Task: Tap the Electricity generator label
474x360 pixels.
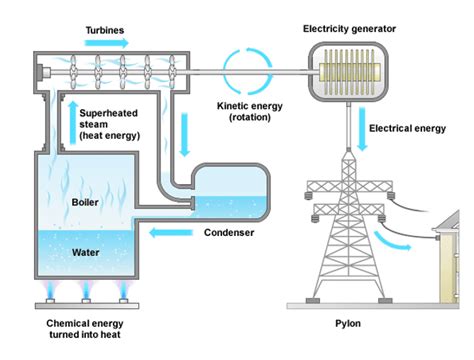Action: click(350, 29)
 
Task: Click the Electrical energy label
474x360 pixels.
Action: click(408, 128)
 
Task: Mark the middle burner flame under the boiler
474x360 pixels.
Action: click(86, 292)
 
